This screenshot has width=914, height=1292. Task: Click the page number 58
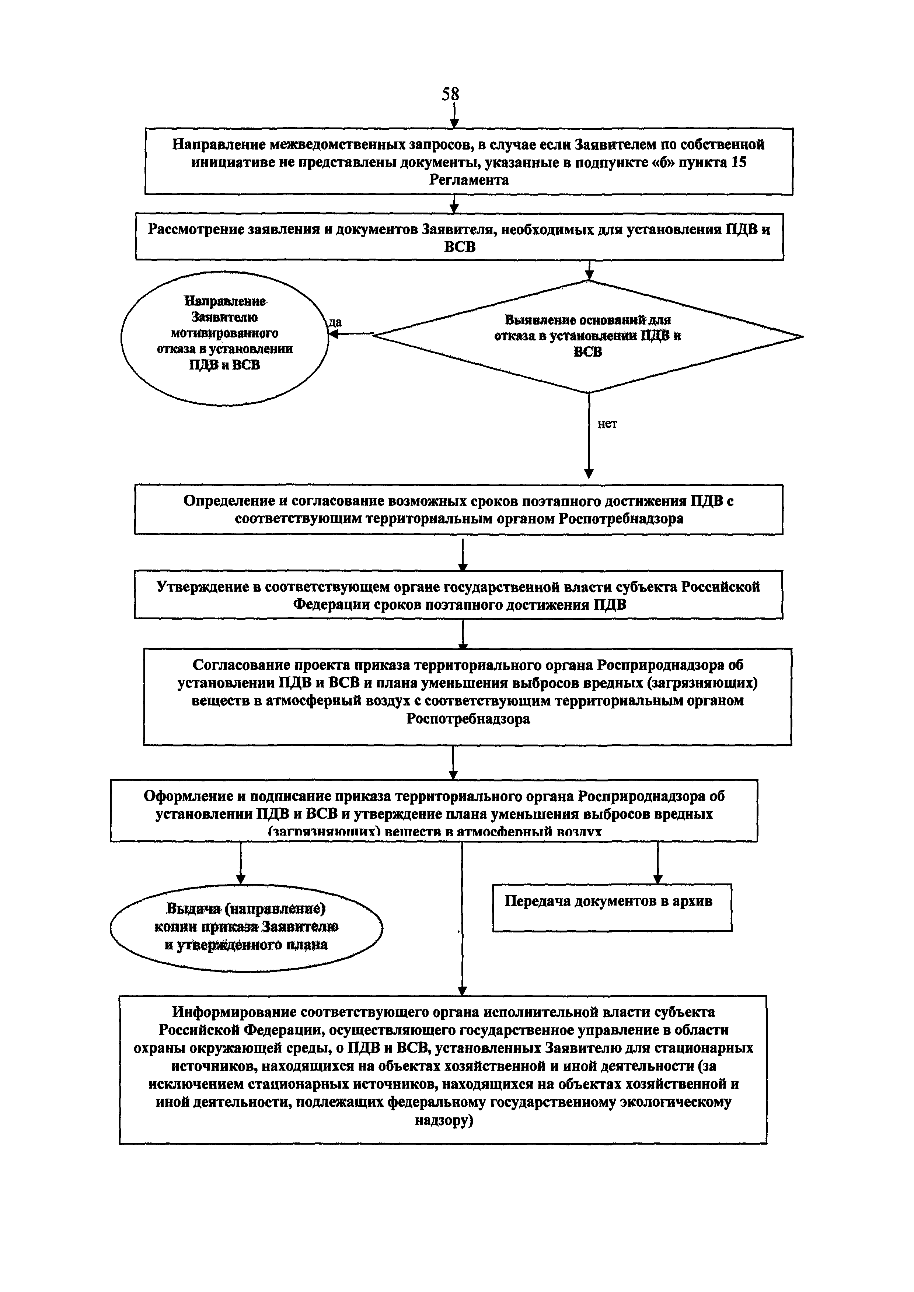(x=450, y=94)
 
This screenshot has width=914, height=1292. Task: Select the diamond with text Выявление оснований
(x=588, y=336)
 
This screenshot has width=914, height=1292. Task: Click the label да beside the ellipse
(x=335, y=322)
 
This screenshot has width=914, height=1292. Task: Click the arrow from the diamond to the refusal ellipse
(x=350, y=334)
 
